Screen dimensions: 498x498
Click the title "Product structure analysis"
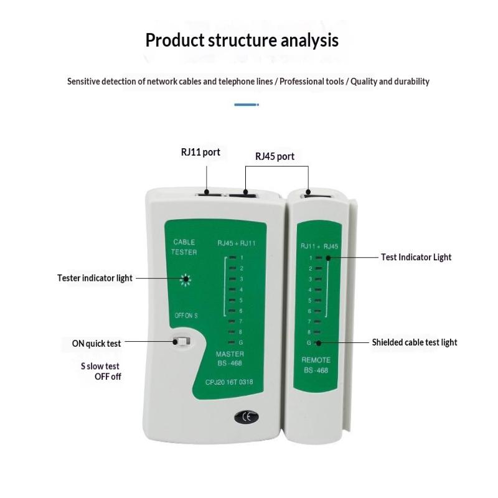click(242, 40)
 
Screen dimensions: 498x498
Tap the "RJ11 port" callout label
click(200, 152)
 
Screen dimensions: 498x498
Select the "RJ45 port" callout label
click(275, 156)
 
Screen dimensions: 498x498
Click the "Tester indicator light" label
click(95, 278)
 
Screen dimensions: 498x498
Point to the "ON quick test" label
click(96, 343)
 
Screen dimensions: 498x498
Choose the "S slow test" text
click(100, 366)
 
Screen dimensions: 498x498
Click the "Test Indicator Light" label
click(416, 257)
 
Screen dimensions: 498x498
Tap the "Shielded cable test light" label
click(415, 342)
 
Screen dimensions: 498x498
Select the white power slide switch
click(182, 341)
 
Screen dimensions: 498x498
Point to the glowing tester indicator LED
click(185, 280)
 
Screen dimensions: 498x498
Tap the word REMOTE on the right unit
click(316, 360)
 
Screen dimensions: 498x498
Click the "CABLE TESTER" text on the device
click(184, 247)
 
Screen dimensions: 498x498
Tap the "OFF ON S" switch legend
click(186, 316)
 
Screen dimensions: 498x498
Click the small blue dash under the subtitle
click(246, 105)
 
